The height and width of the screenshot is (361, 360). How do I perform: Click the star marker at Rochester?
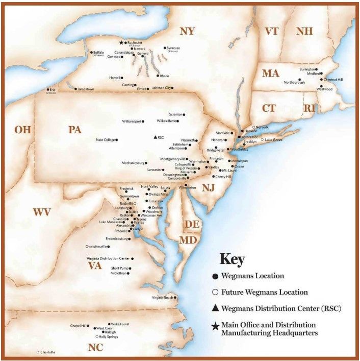click(x=121, y=43)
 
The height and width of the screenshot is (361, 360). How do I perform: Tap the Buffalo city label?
click(x=98, y=52)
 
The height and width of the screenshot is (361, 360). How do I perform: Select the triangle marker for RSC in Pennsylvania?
click(x=155, y=137)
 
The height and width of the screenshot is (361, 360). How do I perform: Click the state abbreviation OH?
click(x=23, y=130)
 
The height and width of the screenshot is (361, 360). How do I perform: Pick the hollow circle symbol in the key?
click(x=215, y=292)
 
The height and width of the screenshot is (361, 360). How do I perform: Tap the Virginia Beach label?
click(x=163, y=298)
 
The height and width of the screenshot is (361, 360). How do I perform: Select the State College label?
click(x=105, y=139)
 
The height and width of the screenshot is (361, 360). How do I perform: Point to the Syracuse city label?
click(x=173, y=48)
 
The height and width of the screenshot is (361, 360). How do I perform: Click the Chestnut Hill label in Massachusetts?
click(x=333, y=80)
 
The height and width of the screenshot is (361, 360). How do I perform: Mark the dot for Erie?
click(x=47, y=90)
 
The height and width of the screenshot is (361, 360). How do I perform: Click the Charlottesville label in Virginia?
click(x=97, y=247)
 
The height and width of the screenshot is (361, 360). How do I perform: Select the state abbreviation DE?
click(x=192, y=224)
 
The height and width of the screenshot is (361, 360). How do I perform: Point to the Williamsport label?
click(x=132, y=122)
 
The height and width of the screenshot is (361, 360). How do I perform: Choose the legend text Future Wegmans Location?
click(x=264, y=293)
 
